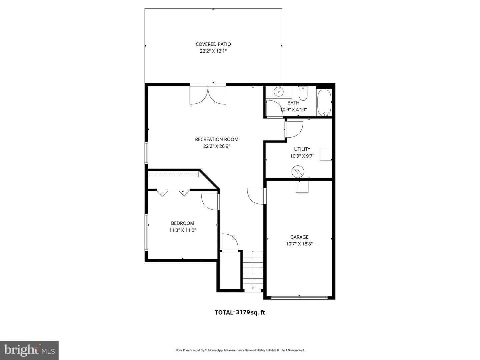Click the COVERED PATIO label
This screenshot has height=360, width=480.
coord(213,44)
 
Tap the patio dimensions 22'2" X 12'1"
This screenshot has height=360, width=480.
coord(213,51)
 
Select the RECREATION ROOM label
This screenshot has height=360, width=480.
coord(217,139)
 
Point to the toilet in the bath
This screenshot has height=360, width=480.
coord(303,94)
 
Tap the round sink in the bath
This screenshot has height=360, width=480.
coord(278,91)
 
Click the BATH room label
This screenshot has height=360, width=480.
coord(293,103)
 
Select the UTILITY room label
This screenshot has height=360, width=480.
coord(302,149)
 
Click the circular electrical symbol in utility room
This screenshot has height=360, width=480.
coord(298,172)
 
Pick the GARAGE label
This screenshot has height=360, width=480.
coord(299,237)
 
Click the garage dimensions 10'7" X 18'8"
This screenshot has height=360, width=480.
coord(299,244)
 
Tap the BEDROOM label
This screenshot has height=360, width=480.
coord(182,223)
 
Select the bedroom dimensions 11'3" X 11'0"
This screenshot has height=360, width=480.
coord(182,230)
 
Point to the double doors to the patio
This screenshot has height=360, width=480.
coord(208,95)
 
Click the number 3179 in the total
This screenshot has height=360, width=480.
coord(243,312)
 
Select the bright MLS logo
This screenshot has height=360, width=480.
coord(29,350)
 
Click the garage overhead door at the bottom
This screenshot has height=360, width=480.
coord(299,297)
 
